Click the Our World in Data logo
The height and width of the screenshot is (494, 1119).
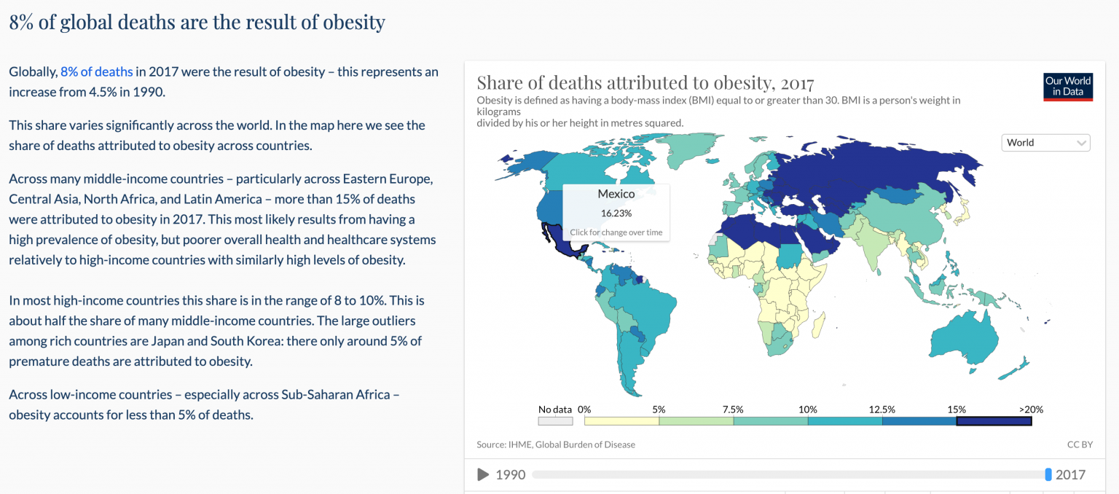pyautogui.click(x=1068, y=86)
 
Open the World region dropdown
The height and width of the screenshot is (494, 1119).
pyautogui.click(x=1045, y=143)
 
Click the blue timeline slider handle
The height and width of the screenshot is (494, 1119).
pyautogui.click(x=1048, y=475)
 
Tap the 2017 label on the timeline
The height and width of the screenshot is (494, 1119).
pyautogui.click(x=1070, y=475)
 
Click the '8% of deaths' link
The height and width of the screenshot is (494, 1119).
pyautogui.click(x=97, y=71)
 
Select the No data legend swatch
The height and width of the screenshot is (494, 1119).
pyautogui.click(x=555, y=420)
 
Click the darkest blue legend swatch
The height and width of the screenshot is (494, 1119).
pyautogui.click(x=994, y=420)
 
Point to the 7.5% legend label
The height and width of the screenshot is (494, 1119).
pyautogui.click(x=733, y=409)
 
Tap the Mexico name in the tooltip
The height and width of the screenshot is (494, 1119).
pyautogui.click(x=616, y=194)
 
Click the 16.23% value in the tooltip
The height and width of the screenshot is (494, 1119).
pyautogui.click(x=616, y=213)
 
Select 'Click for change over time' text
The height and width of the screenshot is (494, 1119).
pyautogui.click(x=616, y=232)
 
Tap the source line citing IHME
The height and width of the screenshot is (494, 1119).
pyautogui.click(x=556, y=444)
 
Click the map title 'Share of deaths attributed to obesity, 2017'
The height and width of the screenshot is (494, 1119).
pyautogui.click(x=645, y=82)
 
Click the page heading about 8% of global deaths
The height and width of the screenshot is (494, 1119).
pyautogui.click(x=197, y=22)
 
